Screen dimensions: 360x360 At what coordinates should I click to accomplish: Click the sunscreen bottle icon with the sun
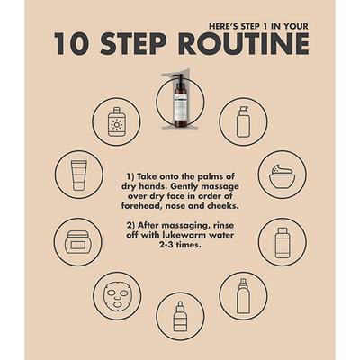pyautogui.click(x=116, y=121)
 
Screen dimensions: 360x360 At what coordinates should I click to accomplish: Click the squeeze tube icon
pyautogui.click(x=79, y=175)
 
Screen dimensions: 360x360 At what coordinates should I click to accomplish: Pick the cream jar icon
pyautogui.click(x=78, y=242)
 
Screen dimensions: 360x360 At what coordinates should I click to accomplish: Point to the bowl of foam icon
pyautogui.click(x=283, y=175)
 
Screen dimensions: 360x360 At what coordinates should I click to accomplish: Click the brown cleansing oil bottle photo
pyautogui.click(x=180, y=101)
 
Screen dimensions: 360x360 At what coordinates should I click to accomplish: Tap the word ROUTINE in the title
pyautogui.click(x=244, y=44)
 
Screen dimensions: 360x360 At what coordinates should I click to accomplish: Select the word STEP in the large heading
pyautogui.click(x=133, y=44)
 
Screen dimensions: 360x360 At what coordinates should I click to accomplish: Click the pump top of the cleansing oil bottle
pyautogui.click(x=179, y=79)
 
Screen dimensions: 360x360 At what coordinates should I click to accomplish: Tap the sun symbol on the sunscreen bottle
pyautogui.click(x=116, y=124)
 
